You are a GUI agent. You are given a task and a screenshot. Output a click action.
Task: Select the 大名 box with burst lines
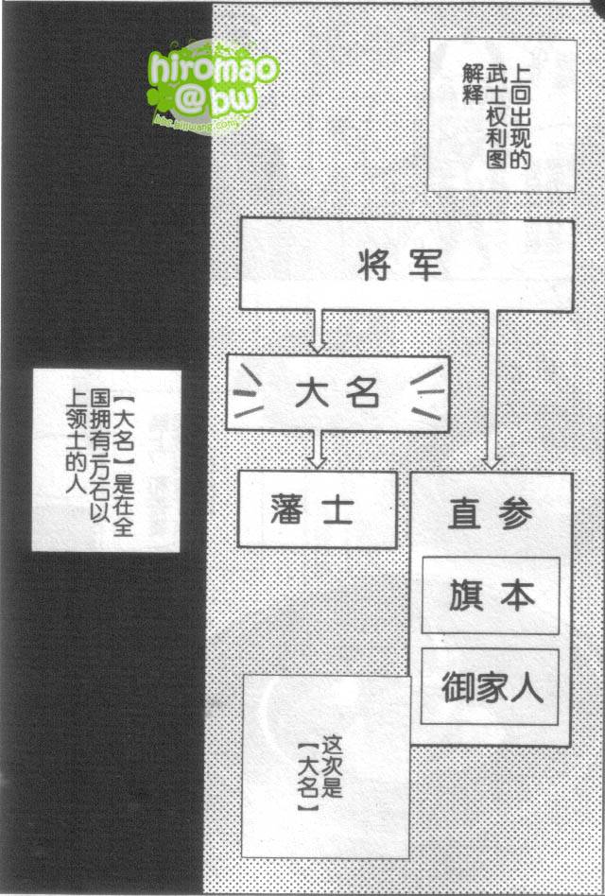337,392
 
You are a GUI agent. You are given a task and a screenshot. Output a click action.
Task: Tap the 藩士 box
317,508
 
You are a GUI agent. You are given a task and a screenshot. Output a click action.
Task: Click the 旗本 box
490,594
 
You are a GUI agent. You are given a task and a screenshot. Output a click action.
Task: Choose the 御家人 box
490,687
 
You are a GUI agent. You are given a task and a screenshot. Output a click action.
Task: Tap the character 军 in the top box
427,266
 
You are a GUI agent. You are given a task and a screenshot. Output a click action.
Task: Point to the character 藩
287,509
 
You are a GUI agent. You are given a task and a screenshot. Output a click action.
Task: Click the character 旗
465,594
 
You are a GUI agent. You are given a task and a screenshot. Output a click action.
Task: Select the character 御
458,687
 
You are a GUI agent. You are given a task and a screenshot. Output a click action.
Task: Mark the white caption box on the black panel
106,460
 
